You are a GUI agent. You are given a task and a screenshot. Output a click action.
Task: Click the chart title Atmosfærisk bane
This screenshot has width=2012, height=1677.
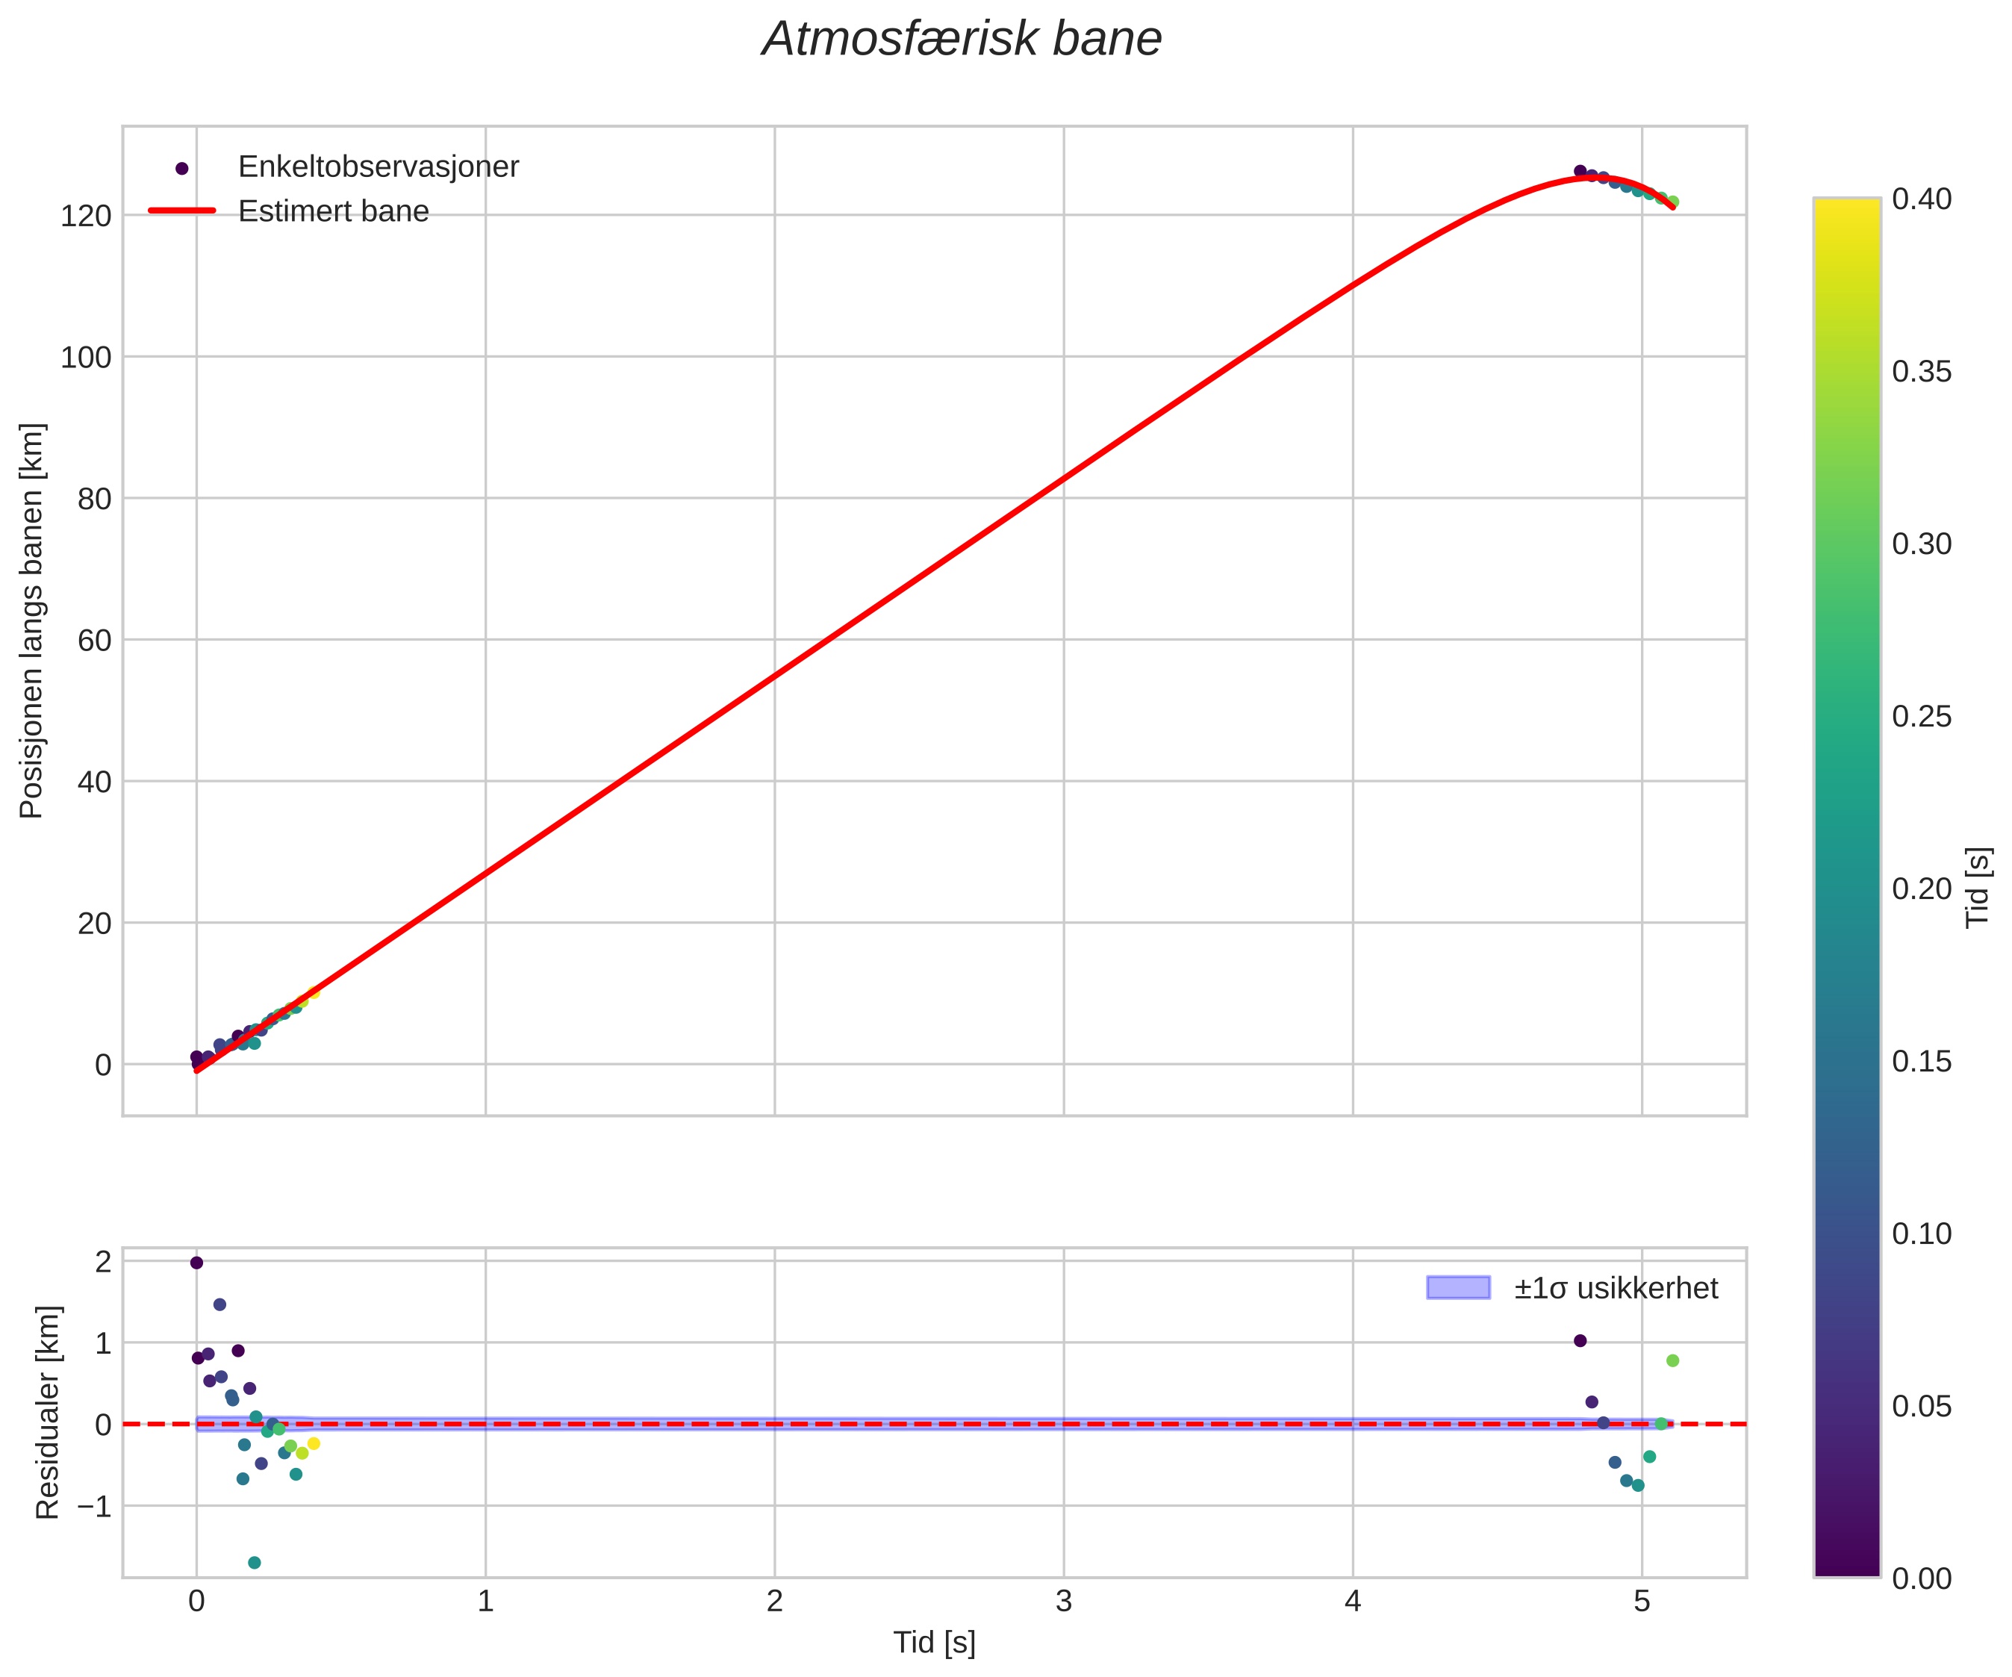pyautogui.click(x=961, y=40)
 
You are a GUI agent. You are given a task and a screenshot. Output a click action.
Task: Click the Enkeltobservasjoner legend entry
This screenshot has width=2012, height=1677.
pyautogui.click(x=378, y=167)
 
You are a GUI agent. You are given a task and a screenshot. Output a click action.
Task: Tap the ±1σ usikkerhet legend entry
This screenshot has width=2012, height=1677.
pyautogui.click(x=1616, y=1288)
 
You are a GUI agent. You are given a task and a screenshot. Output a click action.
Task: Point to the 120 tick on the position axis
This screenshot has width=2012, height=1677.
pyautogui.click(x=87, y=216)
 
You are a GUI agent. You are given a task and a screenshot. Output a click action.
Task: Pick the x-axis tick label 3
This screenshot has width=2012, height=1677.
pyautogui.click(x=1063, y=1602)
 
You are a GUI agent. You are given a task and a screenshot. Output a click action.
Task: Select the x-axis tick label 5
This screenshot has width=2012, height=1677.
pyautogui.click(x=1641, y=1602)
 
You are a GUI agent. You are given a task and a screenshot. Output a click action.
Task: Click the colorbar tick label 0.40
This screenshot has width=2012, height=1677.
pyautogui.click(x=1921, y=199)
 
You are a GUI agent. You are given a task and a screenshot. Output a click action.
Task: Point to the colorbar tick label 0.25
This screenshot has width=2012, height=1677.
pyautogui.click(x=1921, y=717)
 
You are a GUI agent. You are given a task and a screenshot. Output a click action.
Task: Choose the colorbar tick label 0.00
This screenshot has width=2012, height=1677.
pyautogui.click(x=1921, y=1578)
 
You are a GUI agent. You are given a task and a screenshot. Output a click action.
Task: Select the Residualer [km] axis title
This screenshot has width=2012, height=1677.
pyautogui.click(x=48, y=1413)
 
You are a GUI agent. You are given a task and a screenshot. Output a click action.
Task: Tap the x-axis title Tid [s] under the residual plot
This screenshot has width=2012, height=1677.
pyautogui.click(x=934, y=1643)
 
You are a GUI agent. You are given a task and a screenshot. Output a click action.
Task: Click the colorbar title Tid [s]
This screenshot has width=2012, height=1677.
pyautogui.click(x=1978, y=887)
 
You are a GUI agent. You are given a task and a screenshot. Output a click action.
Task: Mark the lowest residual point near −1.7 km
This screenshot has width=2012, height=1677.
pyautogui.click(x=254, y=1563)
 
